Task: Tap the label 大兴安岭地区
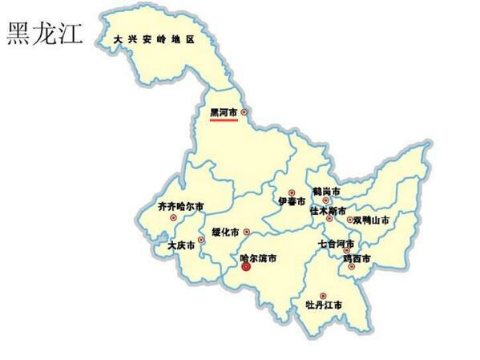154,38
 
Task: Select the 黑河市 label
224,112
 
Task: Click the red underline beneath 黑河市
224,120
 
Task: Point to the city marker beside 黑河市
244,112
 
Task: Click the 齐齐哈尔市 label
180,205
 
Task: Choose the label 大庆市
181,245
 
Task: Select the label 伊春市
292,201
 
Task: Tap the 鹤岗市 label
326,192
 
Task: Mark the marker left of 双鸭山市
349,219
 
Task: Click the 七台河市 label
336,242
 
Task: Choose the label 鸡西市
357,258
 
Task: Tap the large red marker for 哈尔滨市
246,269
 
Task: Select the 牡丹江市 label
324,305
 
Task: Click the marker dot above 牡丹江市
323,296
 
